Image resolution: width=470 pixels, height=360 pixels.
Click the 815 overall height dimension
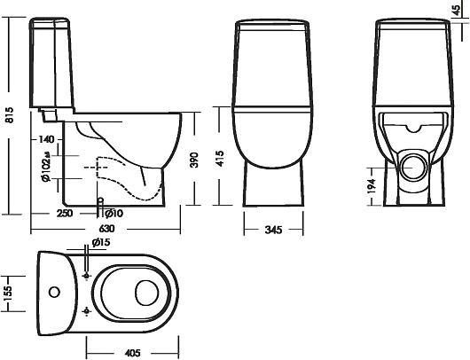point(10,114)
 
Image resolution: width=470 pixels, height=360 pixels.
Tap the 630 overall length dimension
point(106,229)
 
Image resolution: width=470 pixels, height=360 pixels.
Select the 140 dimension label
point(46,139)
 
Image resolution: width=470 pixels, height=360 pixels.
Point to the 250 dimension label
point(65,213)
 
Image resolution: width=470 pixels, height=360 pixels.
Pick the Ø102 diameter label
point(46,167)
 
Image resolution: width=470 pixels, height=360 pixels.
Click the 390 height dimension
point(194,160)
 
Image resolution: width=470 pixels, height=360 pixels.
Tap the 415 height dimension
point(220,159)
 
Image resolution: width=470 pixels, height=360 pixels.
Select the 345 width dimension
point(273,230)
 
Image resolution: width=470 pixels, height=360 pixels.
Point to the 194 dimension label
point(371,186)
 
